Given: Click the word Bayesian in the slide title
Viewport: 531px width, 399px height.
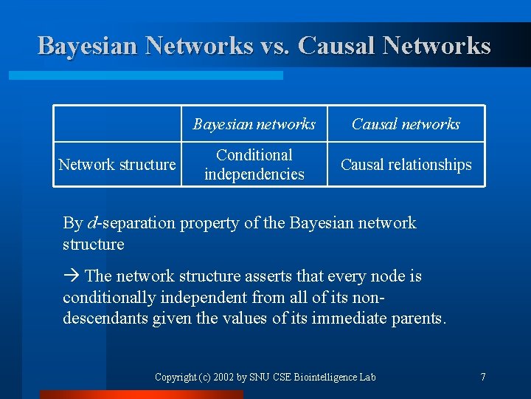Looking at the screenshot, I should point(88,46).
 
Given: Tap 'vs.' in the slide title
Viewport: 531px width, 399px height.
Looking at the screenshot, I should point(275,46).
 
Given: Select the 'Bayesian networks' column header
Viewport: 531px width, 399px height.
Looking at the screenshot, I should point(254,124).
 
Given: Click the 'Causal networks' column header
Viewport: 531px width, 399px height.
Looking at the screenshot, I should point(406,124).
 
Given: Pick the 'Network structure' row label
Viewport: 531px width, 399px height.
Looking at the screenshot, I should point(117,165).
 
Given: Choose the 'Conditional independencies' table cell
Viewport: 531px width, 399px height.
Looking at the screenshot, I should point(254,165).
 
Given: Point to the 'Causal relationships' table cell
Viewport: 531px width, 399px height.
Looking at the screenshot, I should point(406,165).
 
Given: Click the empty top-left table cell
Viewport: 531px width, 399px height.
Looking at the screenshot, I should point(117,124).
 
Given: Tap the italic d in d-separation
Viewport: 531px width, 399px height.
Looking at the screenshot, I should point(91,223).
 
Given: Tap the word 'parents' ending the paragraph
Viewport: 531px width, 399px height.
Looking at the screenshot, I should point(419,319).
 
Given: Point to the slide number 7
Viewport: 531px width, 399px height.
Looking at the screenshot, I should point(483,378).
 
